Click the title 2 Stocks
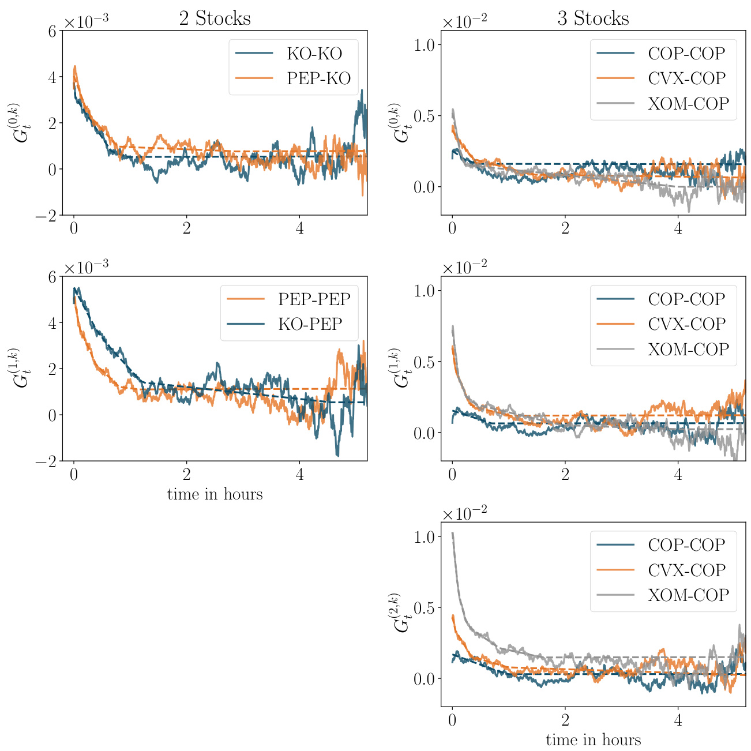pos(215,18)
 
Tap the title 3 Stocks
pos(593,18)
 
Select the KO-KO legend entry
pos(314,54)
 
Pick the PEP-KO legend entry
pos(318,78)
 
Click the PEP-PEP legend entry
pos(314,299)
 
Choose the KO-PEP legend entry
pos(310,324)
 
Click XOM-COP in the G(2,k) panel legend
pos(688,595)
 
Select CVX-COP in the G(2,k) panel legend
pos(686,570)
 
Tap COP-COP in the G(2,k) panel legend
pos(686,545)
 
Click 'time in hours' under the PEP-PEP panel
pos(215,494)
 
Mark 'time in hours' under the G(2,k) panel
pos(593,740)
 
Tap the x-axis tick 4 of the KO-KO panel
pos(299,227)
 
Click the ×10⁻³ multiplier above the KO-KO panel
pos(86,22)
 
